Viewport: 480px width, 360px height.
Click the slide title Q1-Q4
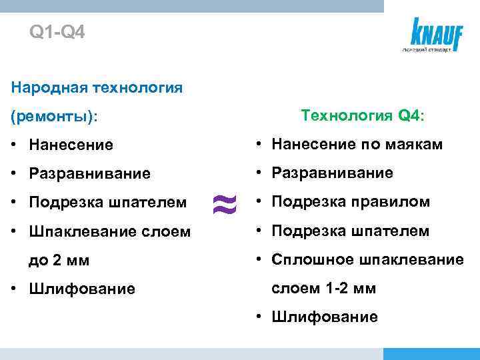click(x=57, y=32)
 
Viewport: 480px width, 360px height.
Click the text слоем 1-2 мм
click(x=323, y=288)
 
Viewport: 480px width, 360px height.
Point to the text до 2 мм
click(x=59, y=260)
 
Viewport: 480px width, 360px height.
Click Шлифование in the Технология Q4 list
click(x=324, y=317)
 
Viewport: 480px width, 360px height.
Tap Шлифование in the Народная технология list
click(x=82, y=289)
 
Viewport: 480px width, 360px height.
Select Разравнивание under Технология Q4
click(x=331, y=173)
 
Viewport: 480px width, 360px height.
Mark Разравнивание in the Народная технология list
click(x=90, y=173)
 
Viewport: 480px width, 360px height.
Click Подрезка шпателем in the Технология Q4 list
click(x=350, y=231)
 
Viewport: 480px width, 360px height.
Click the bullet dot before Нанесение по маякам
click(x=257, y=144)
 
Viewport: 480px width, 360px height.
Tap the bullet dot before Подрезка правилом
click(x=257, y=202)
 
